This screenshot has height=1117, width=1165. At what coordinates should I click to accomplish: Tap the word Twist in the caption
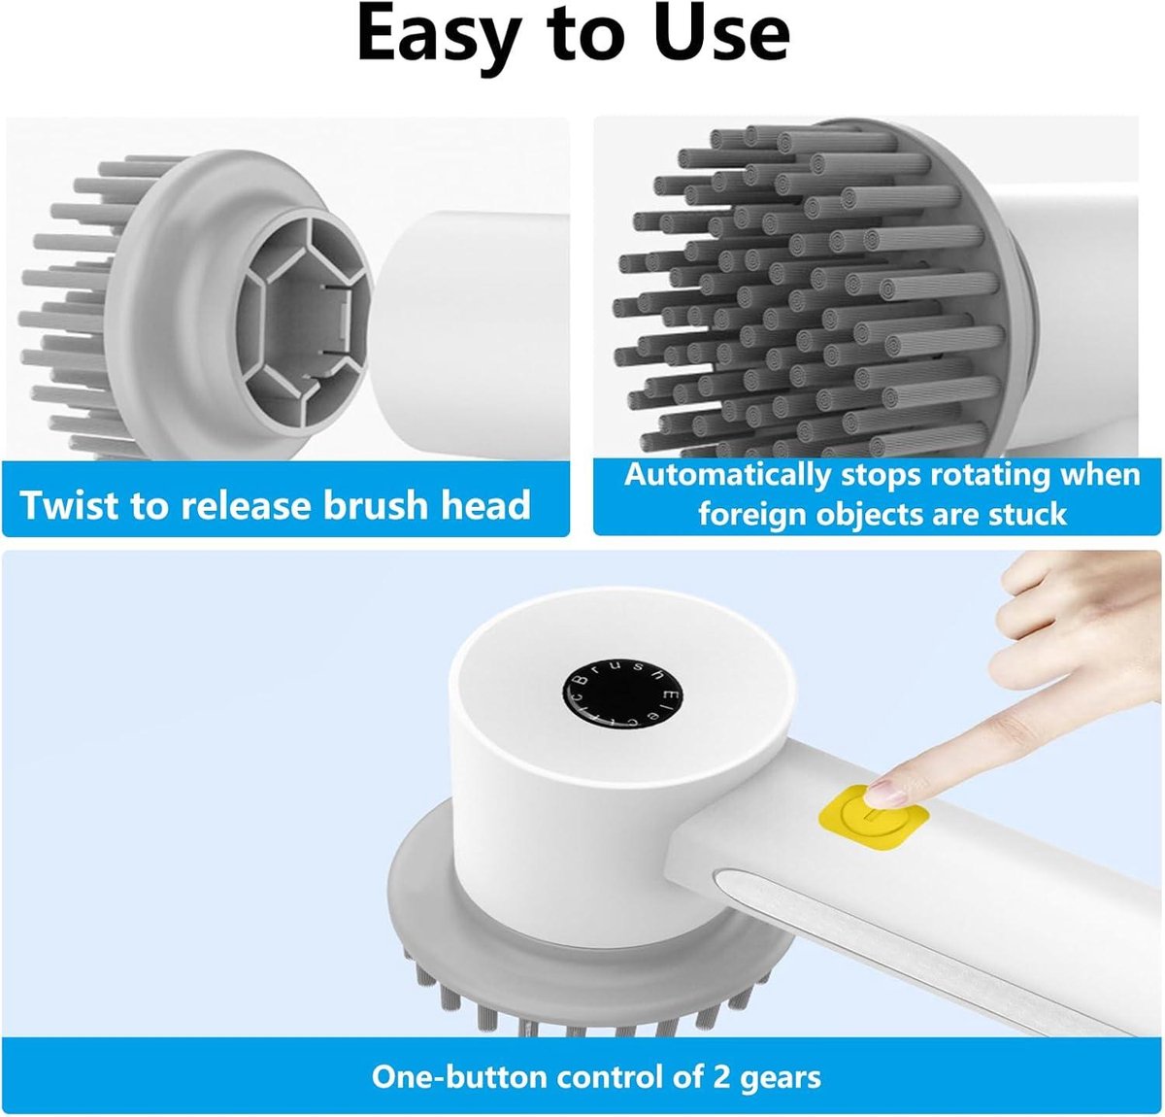pyautogui.click(x=69, y=504)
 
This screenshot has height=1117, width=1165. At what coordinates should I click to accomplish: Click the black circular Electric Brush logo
pyautogui.click(x=622, y=696)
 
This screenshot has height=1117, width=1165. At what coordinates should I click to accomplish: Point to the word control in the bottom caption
pyautogui.click(x=609, y=1060)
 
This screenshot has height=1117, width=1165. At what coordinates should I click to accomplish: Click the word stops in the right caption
pyautogui.click(x=881, y=477)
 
